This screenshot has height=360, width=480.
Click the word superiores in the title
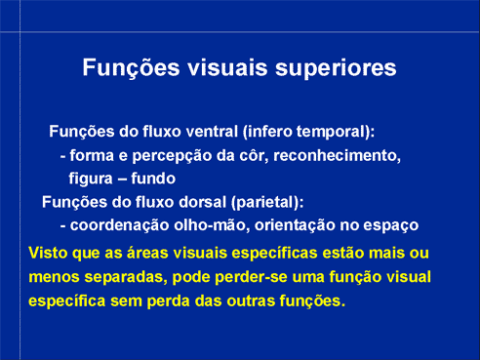click(x=336, y=68)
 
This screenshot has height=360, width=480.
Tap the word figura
click(x=91, y=179)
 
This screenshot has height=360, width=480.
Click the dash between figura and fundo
click(x=122, y=180)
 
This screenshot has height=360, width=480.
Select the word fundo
click(x=153, y=179)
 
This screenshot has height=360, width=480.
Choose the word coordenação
click(x=119, y=225)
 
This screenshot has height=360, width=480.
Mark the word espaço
click(x=390, y=226)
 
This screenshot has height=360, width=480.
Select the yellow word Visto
click(x=48, y=253)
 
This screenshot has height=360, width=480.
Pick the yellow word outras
click(x=251, y=300)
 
